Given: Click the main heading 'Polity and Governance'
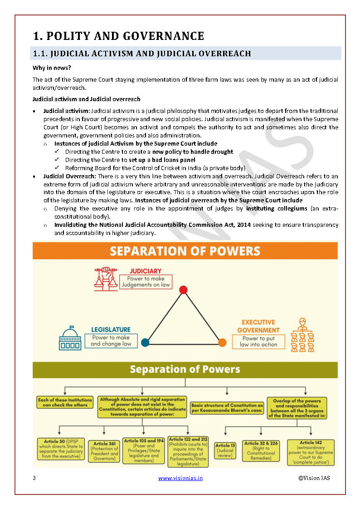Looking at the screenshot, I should click(x=118, y=36).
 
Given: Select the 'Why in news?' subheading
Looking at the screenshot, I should click(x=51, y=68).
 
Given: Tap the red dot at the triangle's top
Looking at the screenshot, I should click(x=183, y=289).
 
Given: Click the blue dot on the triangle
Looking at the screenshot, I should click(x=145, y=342).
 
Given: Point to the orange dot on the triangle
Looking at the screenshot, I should click(x=222, y=342).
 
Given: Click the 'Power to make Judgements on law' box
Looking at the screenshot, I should click(x=146, y=282).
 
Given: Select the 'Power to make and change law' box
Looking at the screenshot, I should click(x=111, y=341).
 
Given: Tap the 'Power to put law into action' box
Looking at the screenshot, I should click(x=258, y=342).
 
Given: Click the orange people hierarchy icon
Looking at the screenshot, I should click(x=302, y=336).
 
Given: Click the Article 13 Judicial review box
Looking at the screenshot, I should click(x=225, y=450).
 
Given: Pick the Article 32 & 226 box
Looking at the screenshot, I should click(x=261, y=450).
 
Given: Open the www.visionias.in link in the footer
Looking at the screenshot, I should click(x=180, y=478).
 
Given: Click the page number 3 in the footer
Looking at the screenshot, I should click(x=34, y=478).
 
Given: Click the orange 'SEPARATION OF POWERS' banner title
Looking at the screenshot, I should click(x=185, y=251).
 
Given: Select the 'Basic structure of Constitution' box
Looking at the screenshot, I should click(x=227, y=407).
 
